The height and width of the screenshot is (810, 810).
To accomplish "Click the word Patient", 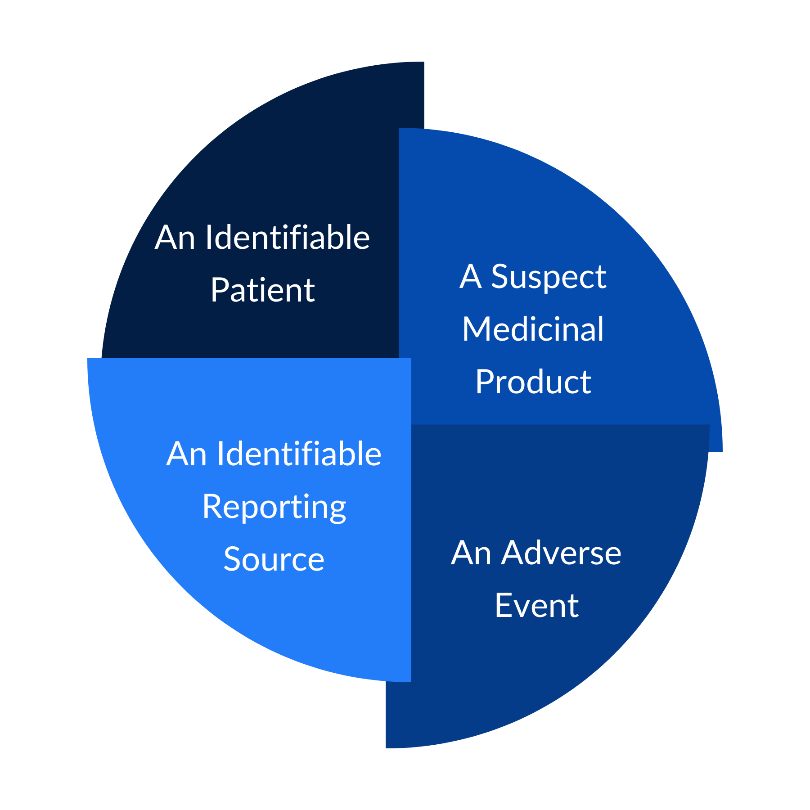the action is click(262, 290).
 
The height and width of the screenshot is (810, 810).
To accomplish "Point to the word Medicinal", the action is click(533, 329).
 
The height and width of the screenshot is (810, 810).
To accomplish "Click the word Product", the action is click(533, 382).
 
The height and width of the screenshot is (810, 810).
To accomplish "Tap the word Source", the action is click(274, 559).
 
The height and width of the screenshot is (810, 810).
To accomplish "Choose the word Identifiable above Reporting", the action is click(299, 453).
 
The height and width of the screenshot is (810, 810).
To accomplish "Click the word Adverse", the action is click(562, 553).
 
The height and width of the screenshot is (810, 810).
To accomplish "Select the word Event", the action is click(536, 605).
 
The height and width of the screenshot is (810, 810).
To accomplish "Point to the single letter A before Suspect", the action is click(471, 276).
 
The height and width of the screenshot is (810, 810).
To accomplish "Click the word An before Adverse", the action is click(471, 553).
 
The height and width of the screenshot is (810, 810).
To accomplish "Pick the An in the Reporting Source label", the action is click(186, 454).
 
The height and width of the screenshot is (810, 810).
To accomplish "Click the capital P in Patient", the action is click(220, 290).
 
